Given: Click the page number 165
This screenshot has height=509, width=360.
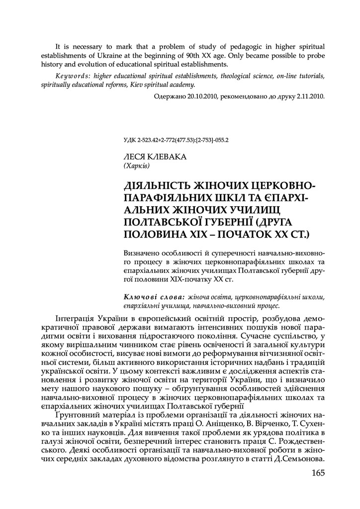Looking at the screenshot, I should point(315,473).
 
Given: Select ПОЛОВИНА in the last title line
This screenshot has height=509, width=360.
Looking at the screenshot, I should point(155,233).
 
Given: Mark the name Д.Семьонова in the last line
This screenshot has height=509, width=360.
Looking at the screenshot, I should point(299,459).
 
